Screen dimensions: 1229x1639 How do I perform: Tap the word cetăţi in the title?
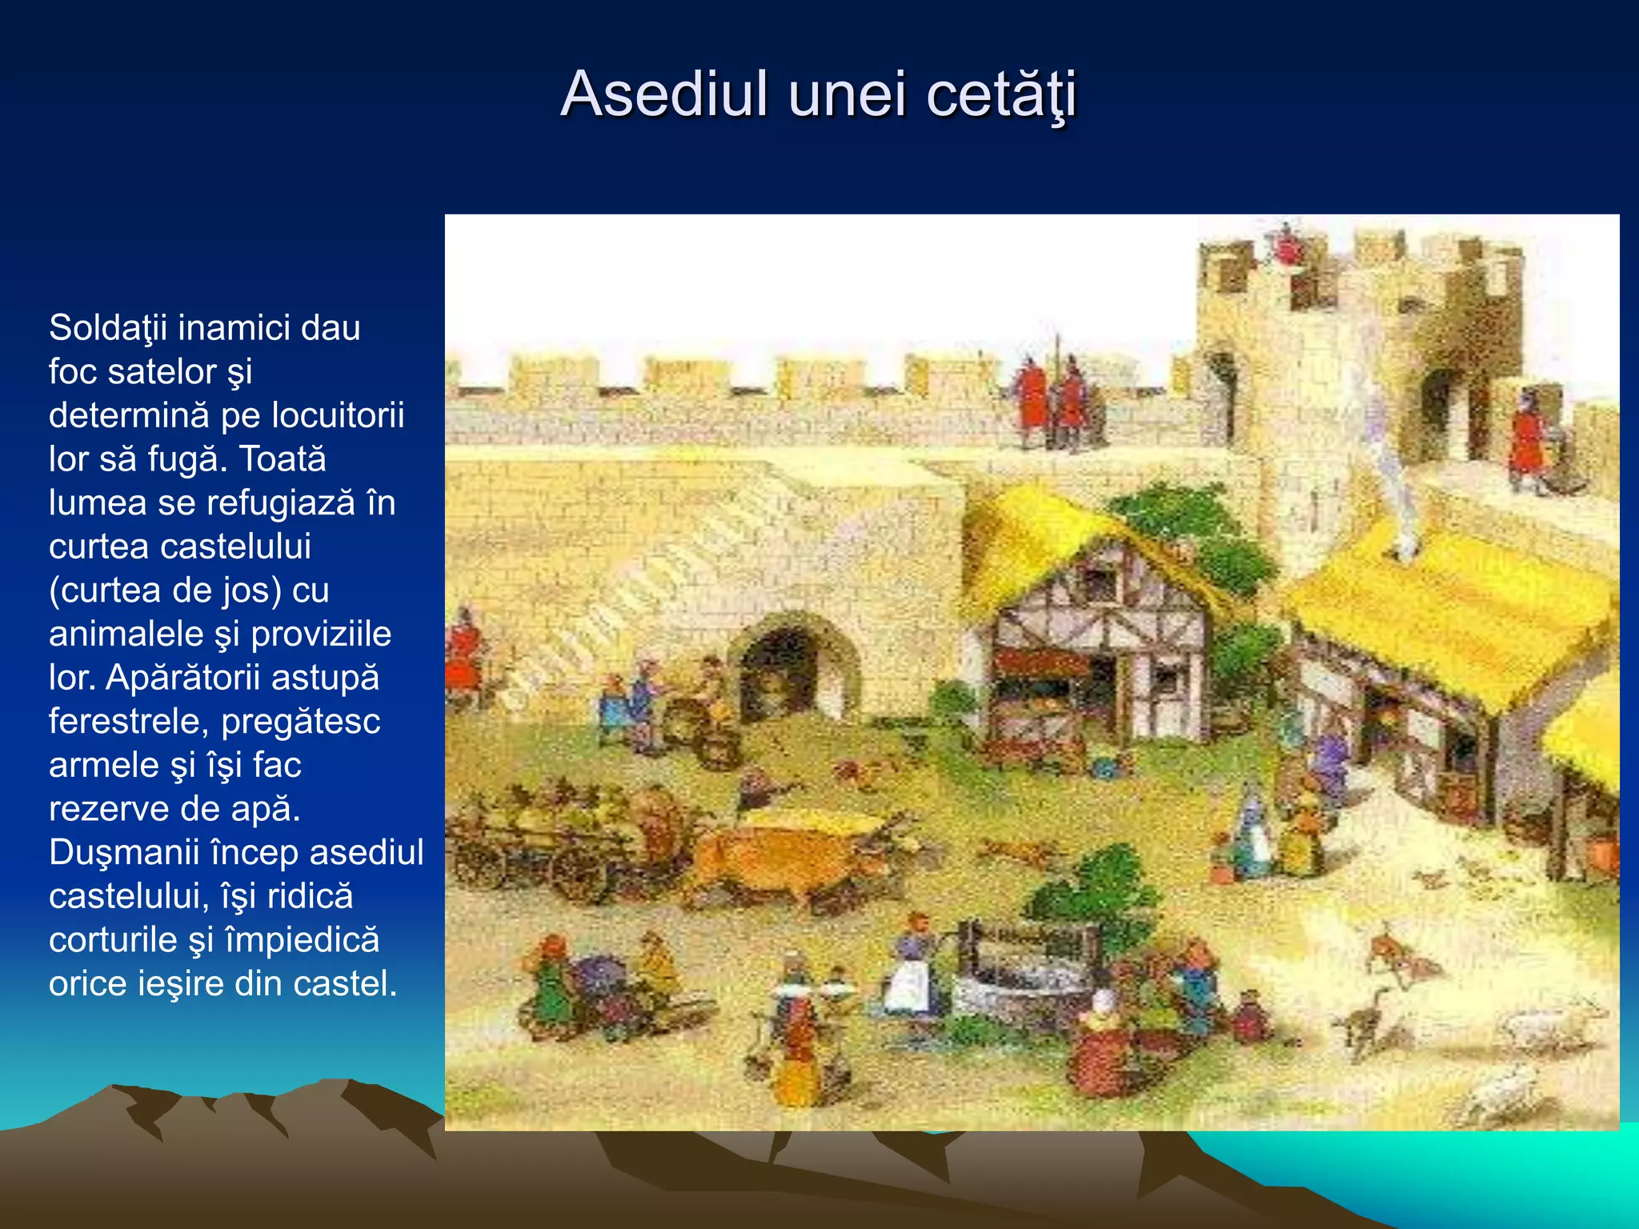[1001, 95]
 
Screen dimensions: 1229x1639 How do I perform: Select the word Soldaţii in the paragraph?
[108, 327]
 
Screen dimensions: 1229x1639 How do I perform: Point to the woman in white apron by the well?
[911, 968]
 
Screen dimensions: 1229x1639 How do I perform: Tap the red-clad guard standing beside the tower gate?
[1526, 440]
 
